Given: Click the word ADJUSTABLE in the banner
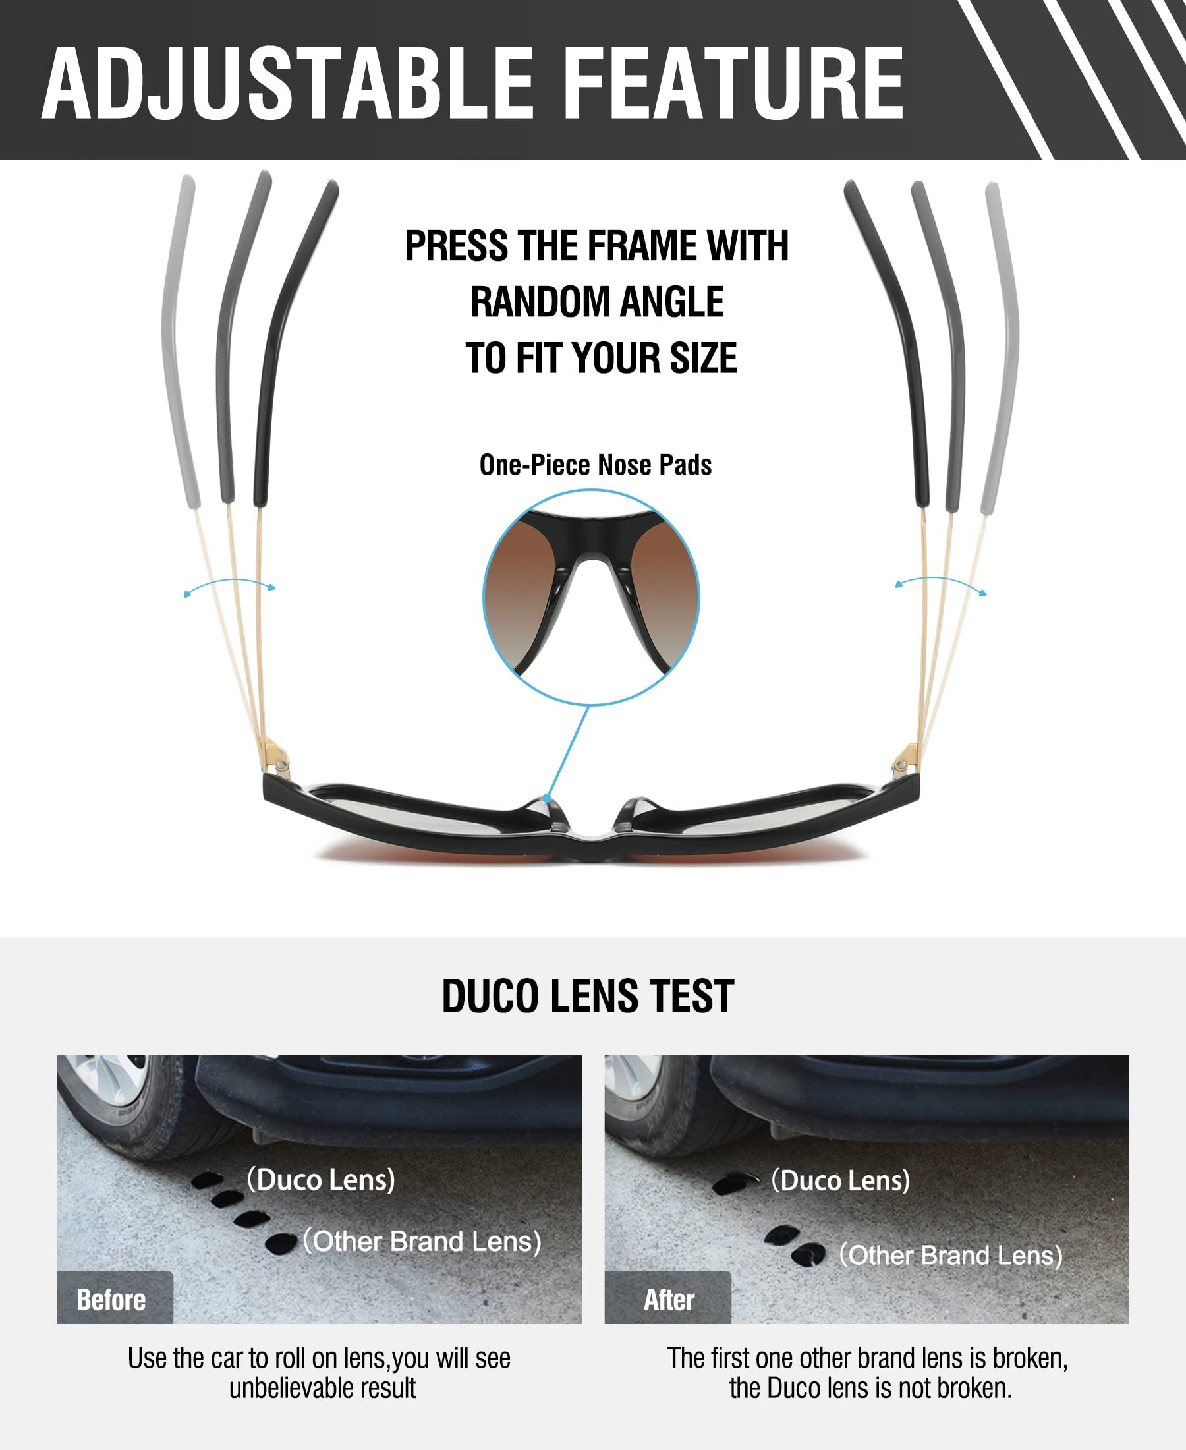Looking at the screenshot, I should pos(287,85).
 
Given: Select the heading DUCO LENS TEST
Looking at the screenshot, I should pos(588,996).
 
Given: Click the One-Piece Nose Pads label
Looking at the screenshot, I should pos(595,465).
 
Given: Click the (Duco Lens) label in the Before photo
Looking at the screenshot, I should pos(321,1179).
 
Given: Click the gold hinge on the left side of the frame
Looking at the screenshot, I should pos(276,758).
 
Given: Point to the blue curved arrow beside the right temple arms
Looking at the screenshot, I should pos(941,583).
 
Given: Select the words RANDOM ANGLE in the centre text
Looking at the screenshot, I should pos(596,302).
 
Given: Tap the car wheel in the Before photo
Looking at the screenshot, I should pos(116,1100).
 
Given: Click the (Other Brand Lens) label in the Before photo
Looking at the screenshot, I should pos(422,1241).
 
